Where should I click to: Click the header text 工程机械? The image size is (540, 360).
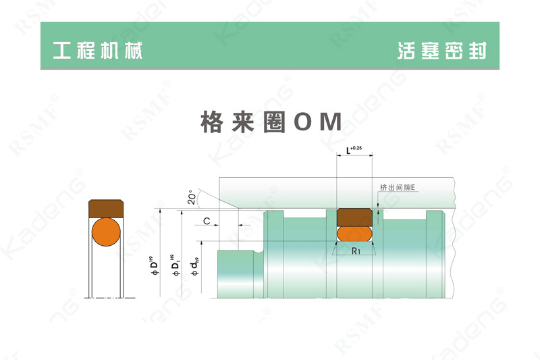[97, 51]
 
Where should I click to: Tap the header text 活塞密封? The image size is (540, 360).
[442, 51]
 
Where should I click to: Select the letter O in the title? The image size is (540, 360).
[302, 122]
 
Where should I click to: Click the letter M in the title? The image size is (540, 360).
[331, 122]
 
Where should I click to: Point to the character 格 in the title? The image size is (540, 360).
[211, 122]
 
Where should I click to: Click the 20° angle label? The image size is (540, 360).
[192, 197]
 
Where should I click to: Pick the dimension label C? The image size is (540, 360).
[207, 221]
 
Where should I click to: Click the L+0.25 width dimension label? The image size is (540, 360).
[354, 150]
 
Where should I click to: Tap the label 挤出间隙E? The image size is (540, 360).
[398, 187]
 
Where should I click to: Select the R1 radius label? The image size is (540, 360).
[356, 251]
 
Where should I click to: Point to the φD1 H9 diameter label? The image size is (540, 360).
[175, 265]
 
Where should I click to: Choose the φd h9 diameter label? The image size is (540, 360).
[194, 266]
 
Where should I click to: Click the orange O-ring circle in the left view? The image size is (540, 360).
[106, 232]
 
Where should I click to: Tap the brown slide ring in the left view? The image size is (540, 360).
[106, 209]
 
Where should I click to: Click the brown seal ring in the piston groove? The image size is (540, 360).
[354, 217]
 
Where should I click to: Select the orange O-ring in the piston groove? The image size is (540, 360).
[354, 234]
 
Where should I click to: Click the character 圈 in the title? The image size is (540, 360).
[275, 122]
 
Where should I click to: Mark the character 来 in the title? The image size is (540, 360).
[243, 122]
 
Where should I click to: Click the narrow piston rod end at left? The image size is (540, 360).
[236, 274]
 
